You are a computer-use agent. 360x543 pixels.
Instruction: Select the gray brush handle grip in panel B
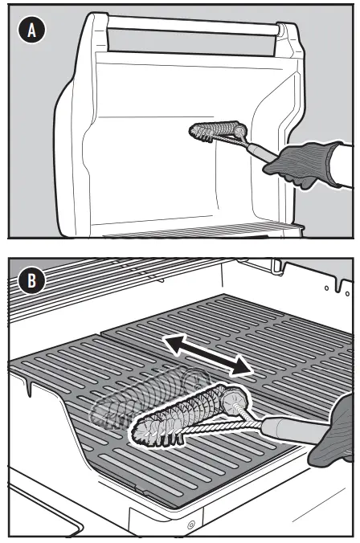coord(293,432)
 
